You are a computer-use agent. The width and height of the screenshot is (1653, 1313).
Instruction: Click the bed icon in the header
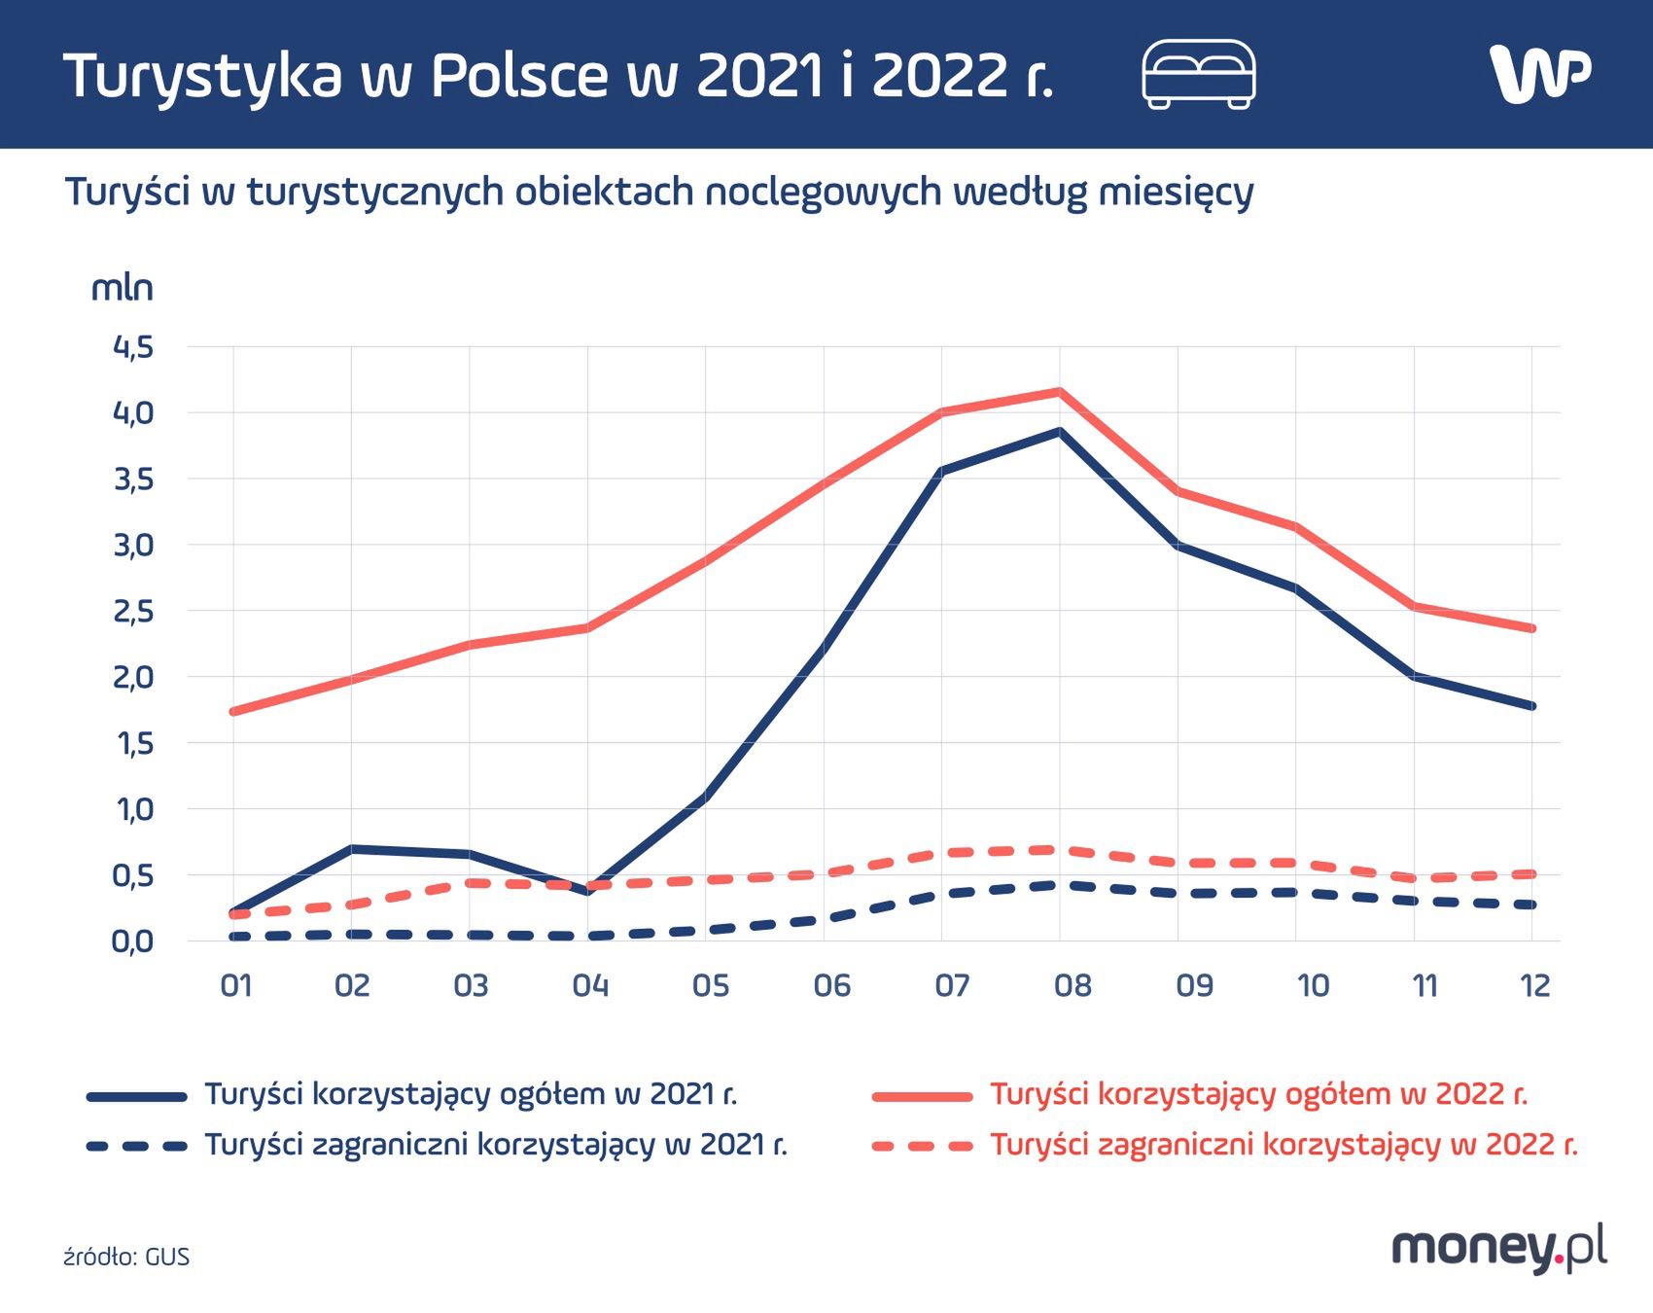1198,74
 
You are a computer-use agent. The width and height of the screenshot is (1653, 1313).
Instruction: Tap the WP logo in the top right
1539,73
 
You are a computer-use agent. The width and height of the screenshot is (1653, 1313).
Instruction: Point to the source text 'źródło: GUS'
126,1257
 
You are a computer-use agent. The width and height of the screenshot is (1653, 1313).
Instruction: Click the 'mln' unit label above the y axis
122,289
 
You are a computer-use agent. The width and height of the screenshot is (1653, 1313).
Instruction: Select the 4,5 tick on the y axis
133,347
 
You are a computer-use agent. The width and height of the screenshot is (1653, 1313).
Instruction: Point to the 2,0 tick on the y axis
133,677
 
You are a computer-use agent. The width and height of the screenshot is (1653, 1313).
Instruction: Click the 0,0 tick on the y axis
133,941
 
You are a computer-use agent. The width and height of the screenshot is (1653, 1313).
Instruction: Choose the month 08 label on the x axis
1072,986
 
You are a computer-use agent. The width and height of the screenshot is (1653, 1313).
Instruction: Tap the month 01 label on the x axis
236,986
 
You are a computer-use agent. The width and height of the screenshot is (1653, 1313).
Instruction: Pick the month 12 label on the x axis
1534,986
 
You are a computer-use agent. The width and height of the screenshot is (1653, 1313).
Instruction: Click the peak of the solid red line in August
1060,392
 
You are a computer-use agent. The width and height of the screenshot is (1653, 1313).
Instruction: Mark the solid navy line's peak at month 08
1060,432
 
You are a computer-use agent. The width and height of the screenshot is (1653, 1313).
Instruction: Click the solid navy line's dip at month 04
588,890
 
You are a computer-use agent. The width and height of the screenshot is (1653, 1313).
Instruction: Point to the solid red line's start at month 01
233,711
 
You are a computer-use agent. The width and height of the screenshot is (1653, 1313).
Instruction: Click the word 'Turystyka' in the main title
202,76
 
